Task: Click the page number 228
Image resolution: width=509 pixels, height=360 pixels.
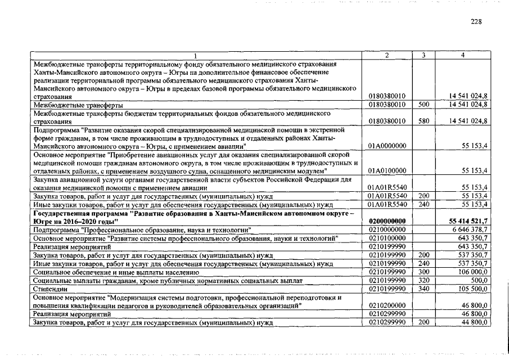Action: click(x=476, y=21)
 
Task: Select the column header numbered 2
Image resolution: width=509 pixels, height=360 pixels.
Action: click(x=387, y=55)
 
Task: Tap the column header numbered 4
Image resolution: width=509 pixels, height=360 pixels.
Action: click(x=462, y=55)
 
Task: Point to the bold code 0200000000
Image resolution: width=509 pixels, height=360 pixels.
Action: click(x=387, y=222)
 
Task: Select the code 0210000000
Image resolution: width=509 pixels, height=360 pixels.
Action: click(x=387, y=230)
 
